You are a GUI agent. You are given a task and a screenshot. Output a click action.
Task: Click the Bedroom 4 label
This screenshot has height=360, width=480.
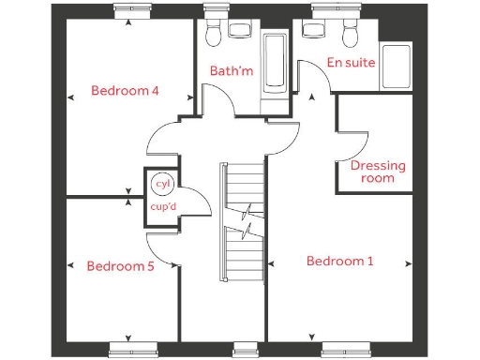tap(124, 91)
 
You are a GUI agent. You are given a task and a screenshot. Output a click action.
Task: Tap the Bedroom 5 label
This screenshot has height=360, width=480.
tap(120, 265)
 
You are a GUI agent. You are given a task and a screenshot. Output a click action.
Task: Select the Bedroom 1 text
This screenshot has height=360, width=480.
tap(339, 261)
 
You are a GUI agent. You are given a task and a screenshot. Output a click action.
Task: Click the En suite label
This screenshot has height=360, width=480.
tap(351, 63)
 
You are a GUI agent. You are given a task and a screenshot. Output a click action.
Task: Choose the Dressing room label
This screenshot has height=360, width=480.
tap(378, 172)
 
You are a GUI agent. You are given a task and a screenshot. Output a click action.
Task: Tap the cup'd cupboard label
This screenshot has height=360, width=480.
tap(163, 207)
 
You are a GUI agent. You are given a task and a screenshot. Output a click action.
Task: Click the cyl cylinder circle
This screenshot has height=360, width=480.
tap(163, 184)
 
